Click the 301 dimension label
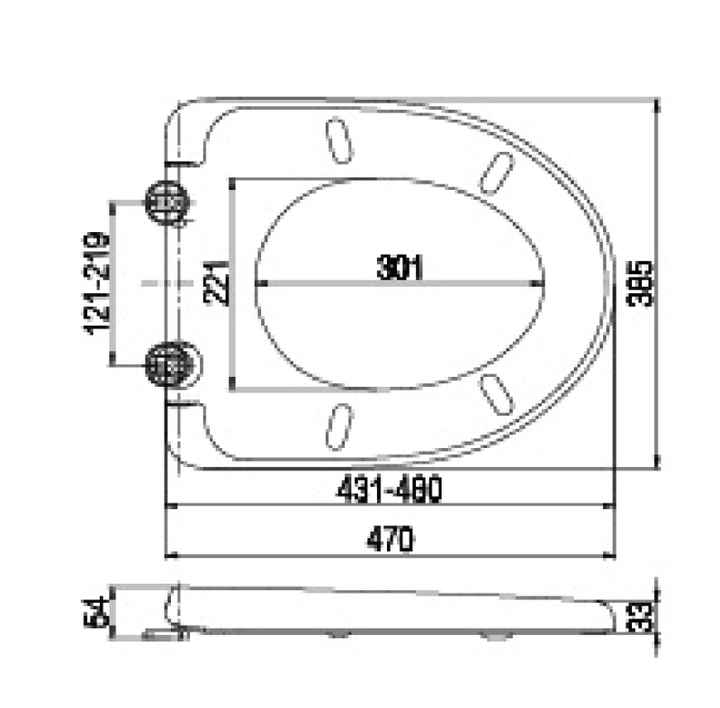[400, 266]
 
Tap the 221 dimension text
[218, 283]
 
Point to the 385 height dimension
[640, 283]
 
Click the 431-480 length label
[389, 490]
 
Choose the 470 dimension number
[389, 540]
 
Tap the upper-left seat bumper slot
[337, 140]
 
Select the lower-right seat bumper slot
[496, 393]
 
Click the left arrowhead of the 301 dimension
[261, 283]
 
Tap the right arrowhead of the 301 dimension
[540, 283]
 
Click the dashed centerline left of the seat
[166, 283]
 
